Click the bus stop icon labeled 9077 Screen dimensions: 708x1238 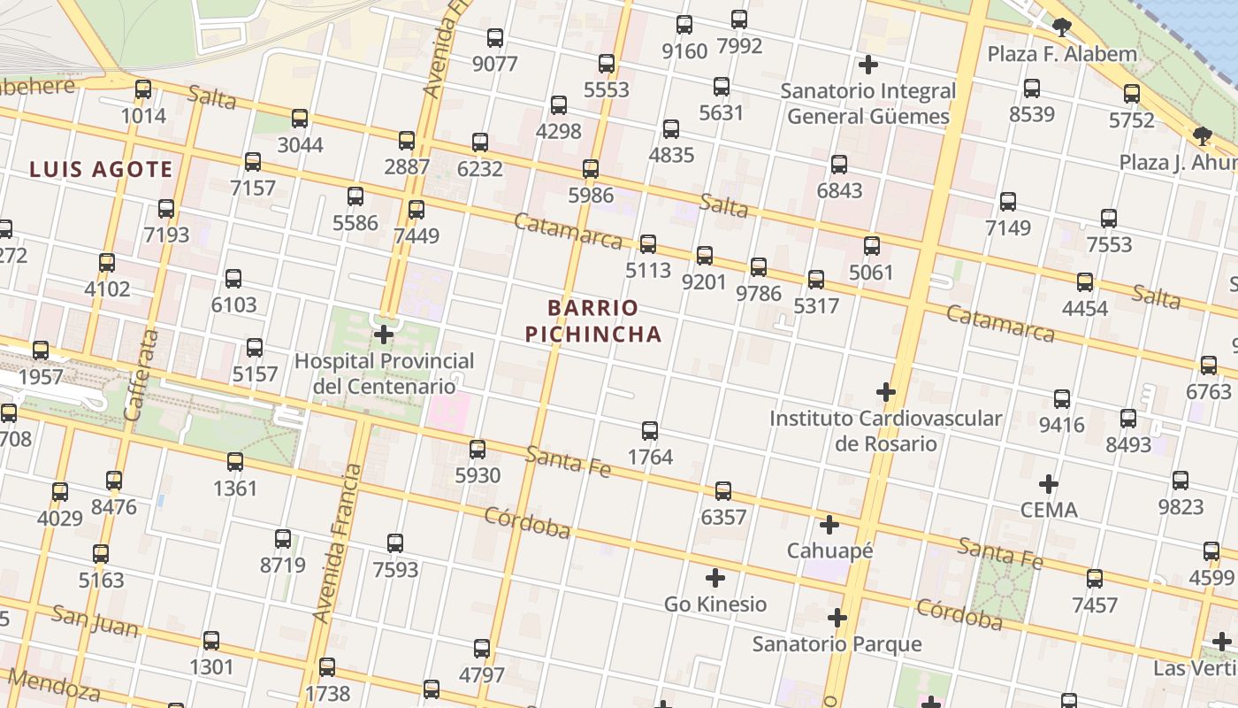click(495, 38)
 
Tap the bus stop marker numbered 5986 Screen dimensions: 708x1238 click(591, 169)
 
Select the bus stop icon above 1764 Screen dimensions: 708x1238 click(650, 431)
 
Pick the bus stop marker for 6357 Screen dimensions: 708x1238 click(723, 491)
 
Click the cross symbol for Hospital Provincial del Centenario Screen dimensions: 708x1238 click(384, 335)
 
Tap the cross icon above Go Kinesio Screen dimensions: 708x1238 click(715, 578)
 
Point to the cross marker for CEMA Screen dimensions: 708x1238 click(1049, 484)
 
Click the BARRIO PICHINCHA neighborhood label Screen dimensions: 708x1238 click(592, 320)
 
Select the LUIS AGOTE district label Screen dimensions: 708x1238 click(101, 169)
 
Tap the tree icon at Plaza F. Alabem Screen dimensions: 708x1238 click(1061, 27)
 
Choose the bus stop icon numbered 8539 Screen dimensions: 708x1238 click(1032, 88)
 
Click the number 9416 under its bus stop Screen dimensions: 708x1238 click(1061, 425)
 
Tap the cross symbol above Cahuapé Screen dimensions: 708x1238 click(829, 525)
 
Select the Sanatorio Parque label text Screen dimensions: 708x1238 click(837, 643)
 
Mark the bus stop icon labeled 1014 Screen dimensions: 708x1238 click(143, 89)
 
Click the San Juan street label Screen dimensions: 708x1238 click(95, 621)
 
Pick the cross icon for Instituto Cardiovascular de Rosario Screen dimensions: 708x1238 click(886, 391)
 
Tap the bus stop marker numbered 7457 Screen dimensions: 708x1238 click(1095, 579)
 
